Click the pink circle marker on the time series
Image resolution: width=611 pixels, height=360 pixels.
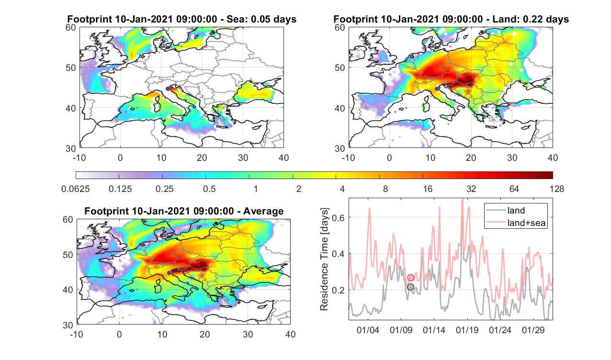pyautogui.click(x=410, y=278)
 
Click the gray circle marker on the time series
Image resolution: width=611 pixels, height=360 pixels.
pyautogui.click(x=410, y=287)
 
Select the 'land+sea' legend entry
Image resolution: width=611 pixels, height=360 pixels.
pyautogui.click(x=516, y=223)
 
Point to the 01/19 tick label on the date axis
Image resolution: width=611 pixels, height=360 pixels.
pyautogui.click(x=467, y=330)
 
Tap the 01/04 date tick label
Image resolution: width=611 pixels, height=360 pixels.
pyautogui.click(x=368, y=330)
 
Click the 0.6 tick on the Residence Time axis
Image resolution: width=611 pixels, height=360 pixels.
pyautogui.click(x=338, y=217)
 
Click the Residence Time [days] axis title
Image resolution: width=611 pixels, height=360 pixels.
pyautogui.click(x=324, y=259)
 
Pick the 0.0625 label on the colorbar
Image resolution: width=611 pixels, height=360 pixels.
pyautogui.click(x=76, y=189)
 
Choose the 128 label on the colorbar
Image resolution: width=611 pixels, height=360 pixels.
pyautogui.click(x=557, y=189)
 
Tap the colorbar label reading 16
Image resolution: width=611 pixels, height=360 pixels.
pyautogui.click(x=428, y=189)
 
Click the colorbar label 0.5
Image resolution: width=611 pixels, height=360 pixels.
pyautogui.click(x=209, y=189)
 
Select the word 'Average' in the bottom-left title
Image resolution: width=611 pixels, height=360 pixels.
pyautogui.click(x=263, y=211)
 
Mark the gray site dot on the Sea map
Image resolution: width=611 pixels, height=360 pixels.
pyautogui.click(x=168, y=89)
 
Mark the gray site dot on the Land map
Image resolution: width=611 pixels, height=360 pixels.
pyautogui.click(x=437, y=89)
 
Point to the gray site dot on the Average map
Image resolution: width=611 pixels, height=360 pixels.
pyautogui.click(x=169, y=273)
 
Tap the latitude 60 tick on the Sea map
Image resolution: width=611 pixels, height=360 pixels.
pyautogui.click(x=71, y=28)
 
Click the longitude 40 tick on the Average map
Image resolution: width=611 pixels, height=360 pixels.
pyautogui.click(x=291, y=334)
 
